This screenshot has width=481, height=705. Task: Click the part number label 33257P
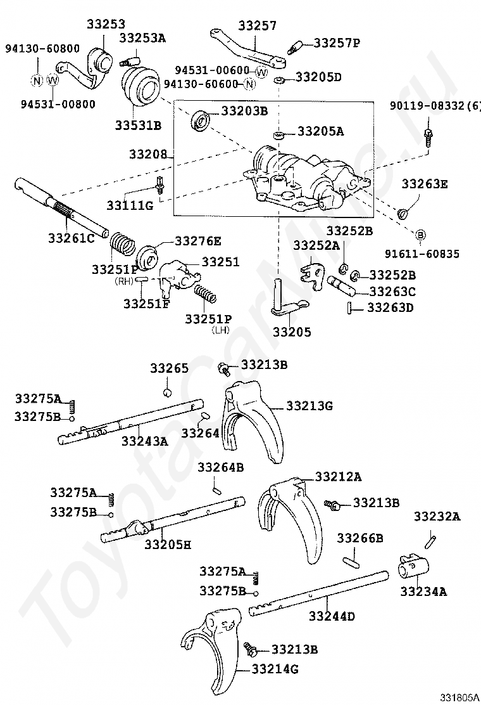coord(337,43)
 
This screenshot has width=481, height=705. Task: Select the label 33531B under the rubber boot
coord(138,125)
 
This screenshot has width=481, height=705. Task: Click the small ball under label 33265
coord(168,391)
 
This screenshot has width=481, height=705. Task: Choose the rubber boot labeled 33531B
coord(140,88)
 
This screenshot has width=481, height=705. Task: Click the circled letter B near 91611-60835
coord(420,235)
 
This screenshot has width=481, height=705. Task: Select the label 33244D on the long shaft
coord(332,616)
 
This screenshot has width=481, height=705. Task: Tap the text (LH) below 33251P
coord(221,330)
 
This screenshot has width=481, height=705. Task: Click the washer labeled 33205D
coord(278,81)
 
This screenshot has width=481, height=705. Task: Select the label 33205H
coord(167,543)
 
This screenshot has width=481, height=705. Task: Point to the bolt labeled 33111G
coord(160,185)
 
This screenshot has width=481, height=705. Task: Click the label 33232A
coord(437,517)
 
